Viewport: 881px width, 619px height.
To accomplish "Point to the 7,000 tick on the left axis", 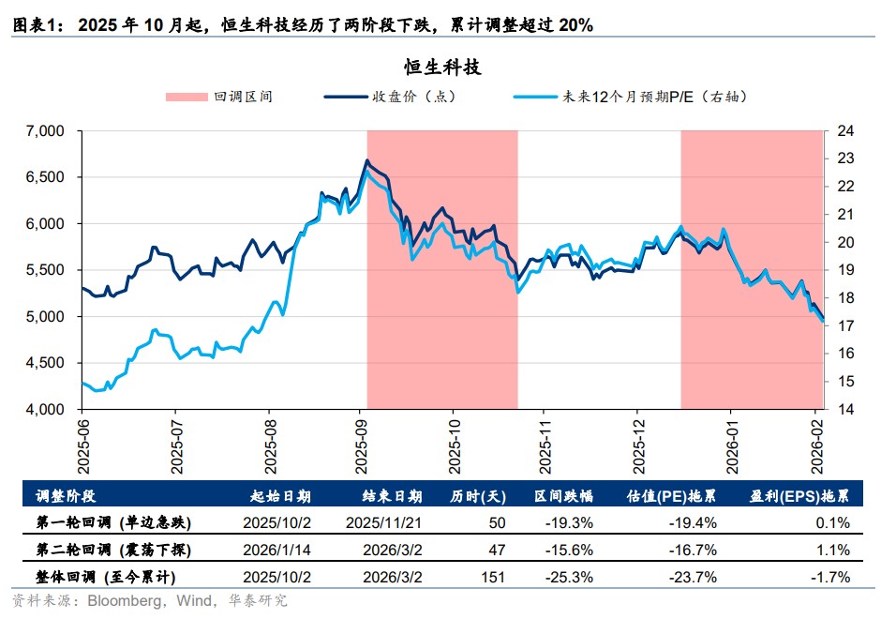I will tap(46, 131).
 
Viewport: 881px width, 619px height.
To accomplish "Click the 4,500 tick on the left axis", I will tap(46, 363).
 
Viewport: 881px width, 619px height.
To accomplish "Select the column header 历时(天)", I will tap(478, 496).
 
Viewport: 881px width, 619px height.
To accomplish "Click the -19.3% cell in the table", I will tap(572, 522).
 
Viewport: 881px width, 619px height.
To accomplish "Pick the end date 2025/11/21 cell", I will tap(384, 522).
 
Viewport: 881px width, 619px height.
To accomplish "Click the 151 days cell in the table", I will tap(492, 577).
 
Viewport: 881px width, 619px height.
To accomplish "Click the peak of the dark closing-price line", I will tap(366, 160).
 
